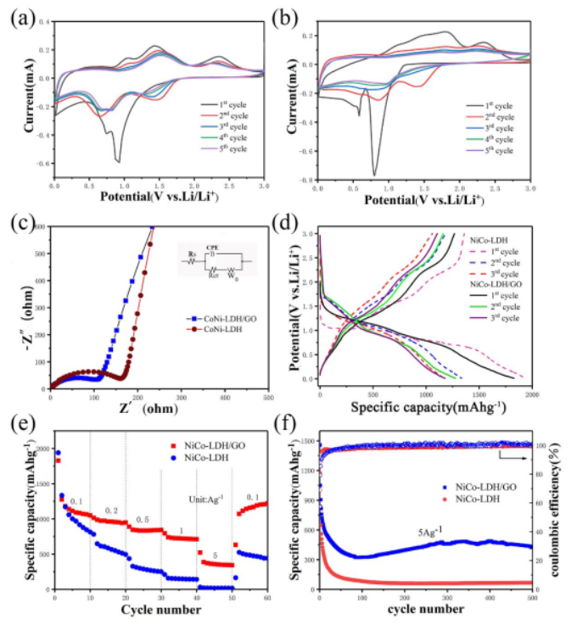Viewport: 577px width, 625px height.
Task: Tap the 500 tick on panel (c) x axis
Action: tap(267, 396)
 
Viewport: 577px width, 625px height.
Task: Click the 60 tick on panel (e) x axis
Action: tap(268, 599)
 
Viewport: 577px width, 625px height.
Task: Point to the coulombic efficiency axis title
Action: tap(563, 509)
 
